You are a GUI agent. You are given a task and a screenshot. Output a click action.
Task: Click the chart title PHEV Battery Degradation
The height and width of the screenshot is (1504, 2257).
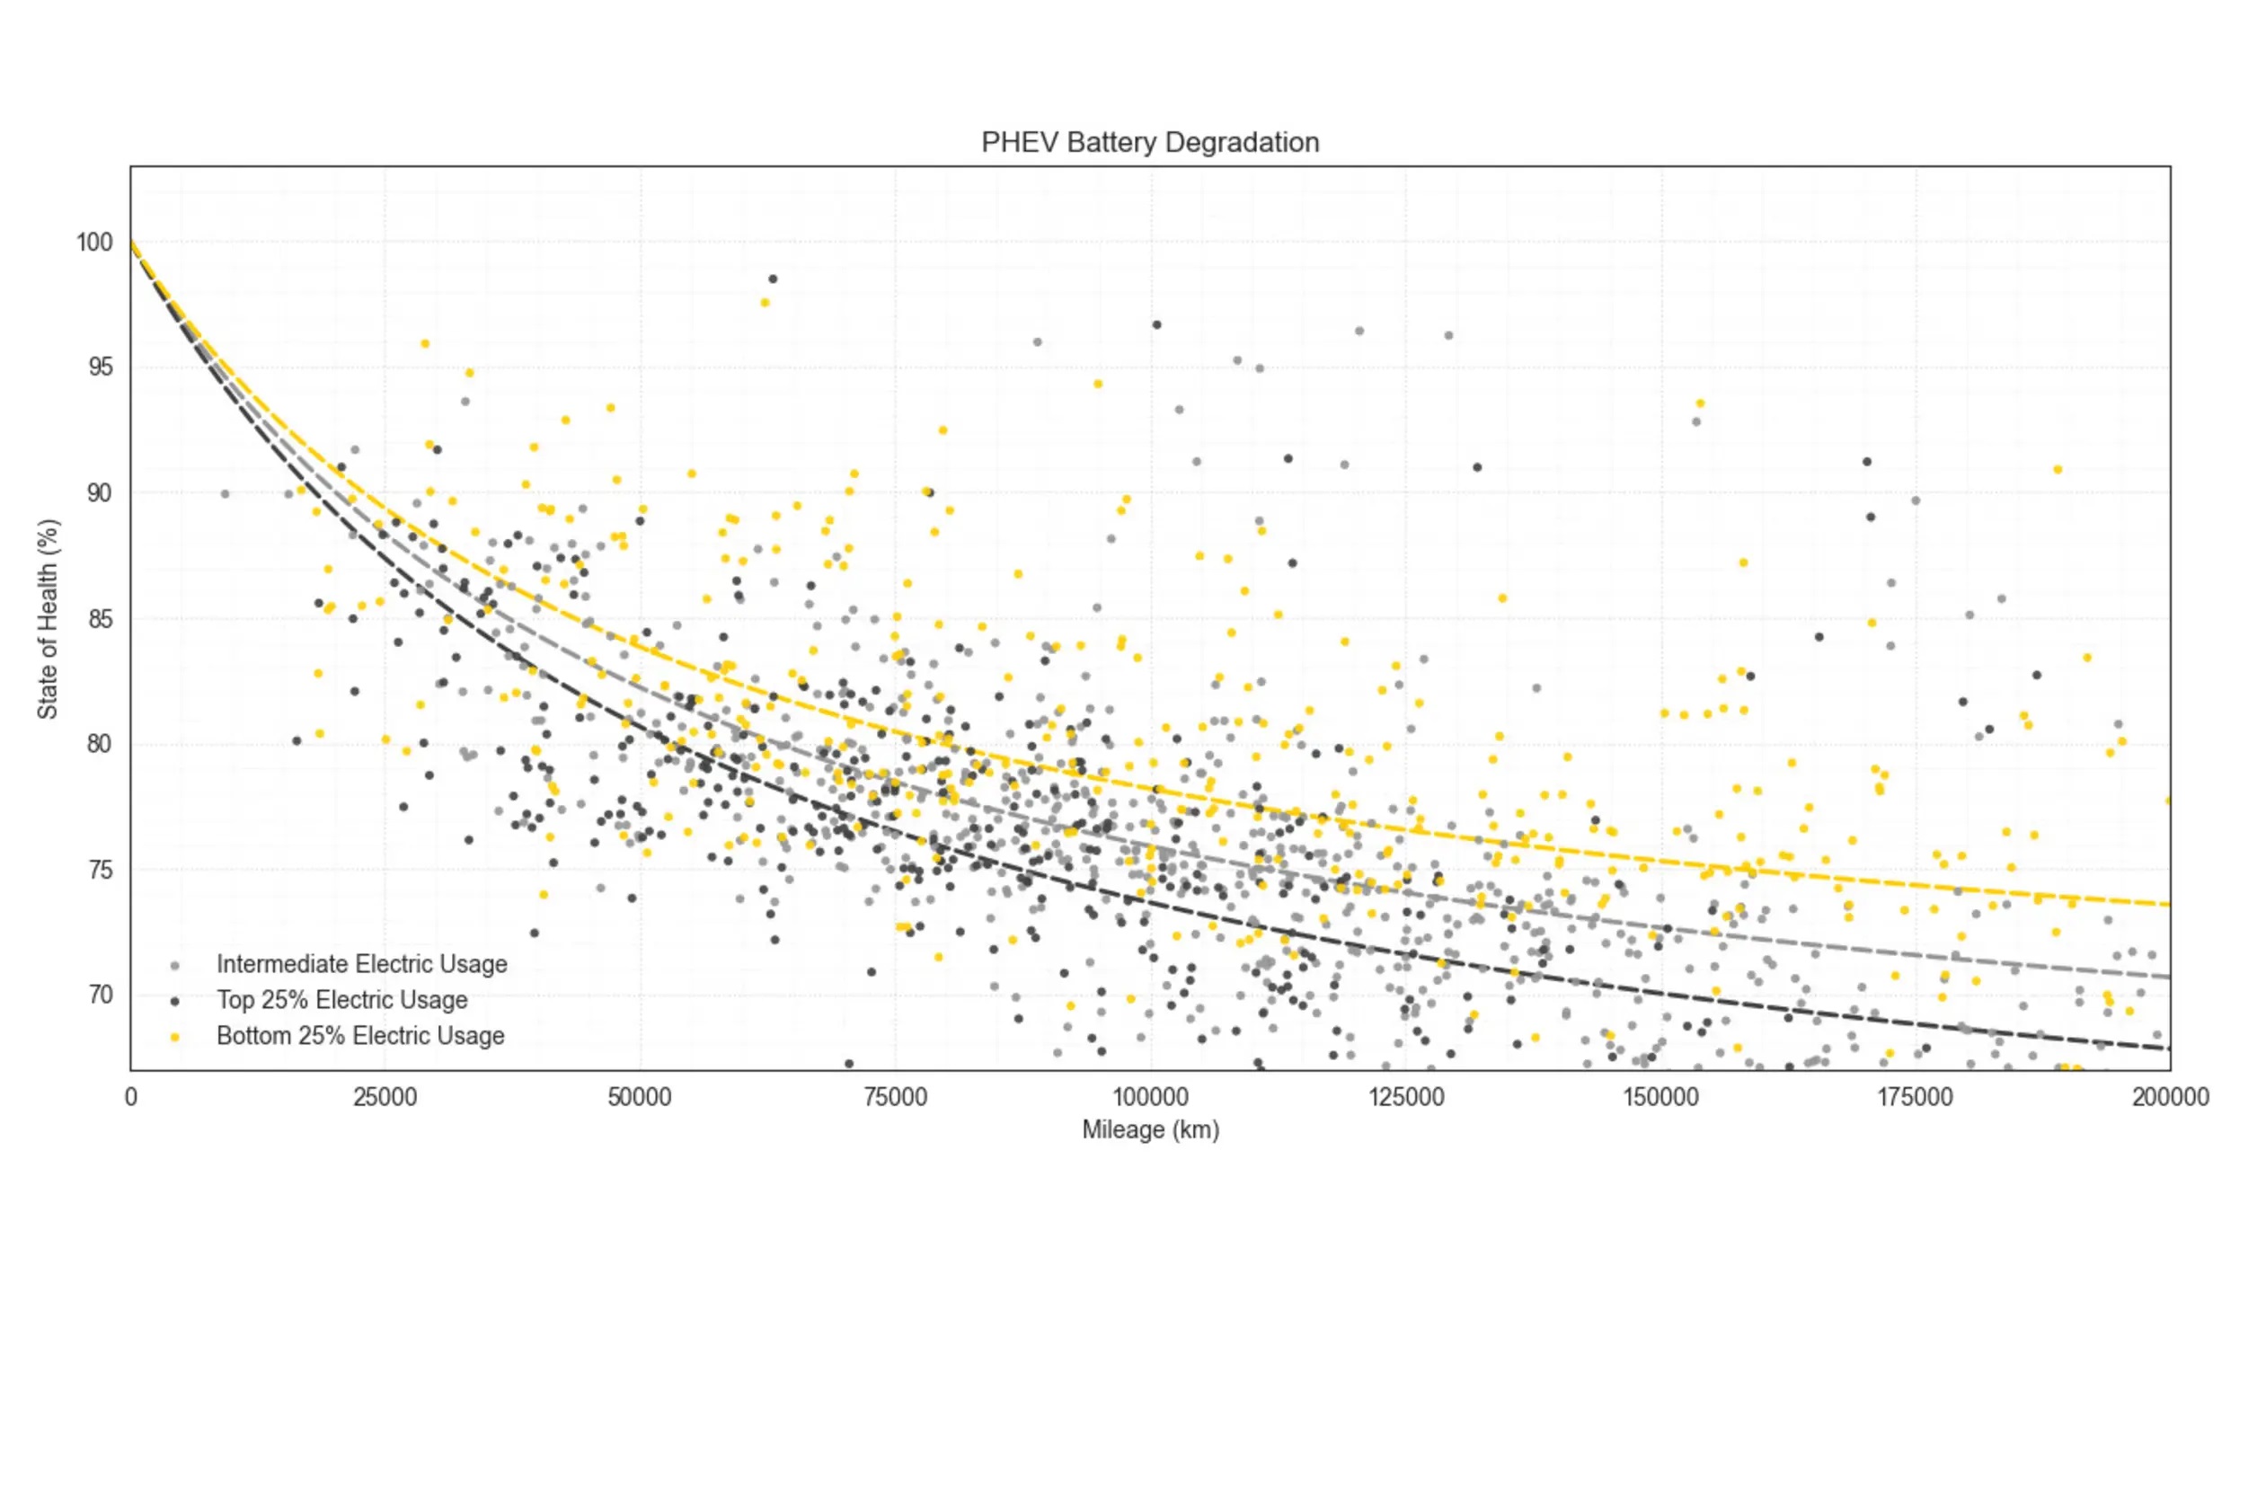(1149, 143)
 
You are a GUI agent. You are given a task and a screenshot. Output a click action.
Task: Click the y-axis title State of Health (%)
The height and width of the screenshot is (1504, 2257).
(48, 619)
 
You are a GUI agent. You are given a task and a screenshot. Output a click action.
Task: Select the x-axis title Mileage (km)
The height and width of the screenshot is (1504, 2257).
(1150, 1130)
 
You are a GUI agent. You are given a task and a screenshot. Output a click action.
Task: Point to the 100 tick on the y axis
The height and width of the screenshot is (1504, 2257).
(95, 243)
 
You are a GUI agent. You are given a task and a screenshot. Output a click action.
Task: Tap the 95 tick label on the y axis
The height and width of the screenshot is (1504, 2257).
(100, 367)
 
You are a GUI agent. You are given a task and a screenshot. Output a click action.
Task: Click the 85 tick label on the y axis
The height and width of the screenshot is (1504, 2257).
(100, 619)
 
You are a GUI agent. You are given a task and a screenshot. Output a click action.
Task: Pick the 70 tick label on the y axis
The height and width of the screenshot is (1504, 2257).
(100, 995)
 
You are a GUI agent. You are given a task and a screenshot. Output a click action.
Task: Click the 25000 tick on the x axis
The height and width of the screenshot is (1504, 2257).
(385, 1097)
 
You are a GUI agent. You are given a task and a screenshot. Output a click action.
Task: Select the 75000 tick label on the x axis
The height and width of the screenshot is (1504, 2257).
(895, 1097)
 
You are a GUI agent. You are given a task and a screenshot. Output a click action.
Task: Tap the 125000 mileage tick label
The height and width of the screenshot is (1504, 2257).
(1405, 1097)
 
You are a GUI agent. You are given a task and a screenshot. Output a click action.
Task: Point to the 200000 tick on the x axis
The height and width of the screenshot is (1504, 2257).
(2170, 1097)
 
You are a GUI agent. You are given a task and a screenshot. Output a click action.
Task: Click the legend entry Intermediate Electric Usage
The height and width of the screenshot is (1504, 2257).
(361, 964)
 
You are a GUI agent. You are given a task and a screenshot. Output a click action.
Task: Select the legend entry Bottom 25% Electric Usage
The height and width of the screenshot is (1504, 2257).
(359, 1036)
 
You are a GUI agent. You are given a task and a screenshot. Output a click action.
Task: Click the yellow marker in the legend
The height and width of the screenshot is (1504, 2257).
(173, 1037)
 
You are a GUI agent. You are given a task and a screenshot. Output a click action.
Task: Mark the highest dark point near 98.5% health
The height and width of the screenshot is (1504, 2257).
(772, 279)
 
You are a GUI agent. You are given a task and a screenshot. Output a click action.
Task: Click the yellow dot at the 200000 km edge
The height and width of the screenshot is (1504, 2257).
(2169, 800)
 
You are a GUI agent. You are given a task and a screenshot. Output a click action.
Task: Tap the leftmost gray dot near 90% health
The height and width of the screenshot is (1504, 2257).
(226, 494)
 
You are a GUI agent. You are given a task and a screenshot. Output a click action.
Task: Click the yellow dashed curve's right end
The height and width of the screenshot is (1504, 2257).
(2167, 904)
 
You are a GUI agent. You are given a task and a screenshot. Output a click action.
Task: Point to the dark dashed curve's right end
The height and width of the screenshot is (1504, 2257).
(2167, 1048)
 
